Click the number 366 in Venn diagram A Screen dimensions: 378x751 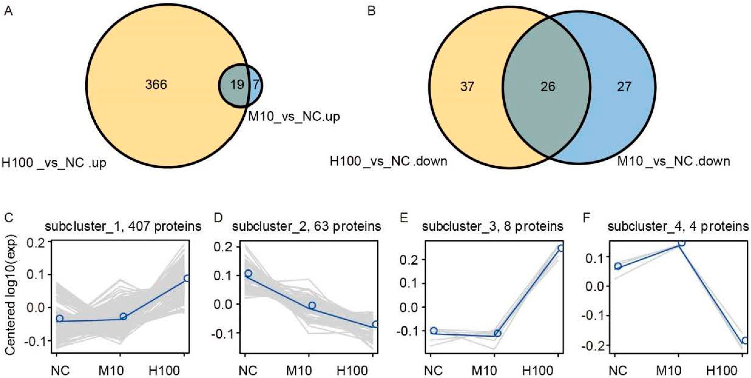pos(156,85)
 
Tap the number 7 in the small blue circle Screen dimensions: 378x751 pos(256,85)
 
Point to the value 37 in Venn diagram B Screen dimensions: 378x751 pos(467,86)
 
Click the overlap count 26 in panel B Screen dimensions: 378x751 pos(548,86)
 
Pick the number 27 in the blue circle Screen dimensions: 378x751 pos(624,86)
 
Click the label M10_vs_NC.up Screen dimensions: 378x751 pos(294,117)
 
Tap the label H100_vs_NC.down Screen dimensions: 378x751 pos(388,161)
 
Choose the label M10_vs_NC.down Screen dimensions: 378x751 pos(674,161)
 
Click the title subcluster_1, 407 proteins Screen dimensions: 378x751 pos(123,226)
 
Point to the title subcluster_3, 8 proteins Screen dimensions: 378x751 pos(493,226)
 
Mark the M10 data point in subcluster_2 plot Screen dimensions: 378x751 pos(312,306)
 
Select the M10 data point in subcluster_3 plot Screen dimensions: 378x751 pos(497,333)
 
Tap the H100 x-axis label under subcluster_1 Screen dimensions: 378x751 pos(164,371)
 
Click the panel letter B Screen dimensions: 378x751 pos(371,12)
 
